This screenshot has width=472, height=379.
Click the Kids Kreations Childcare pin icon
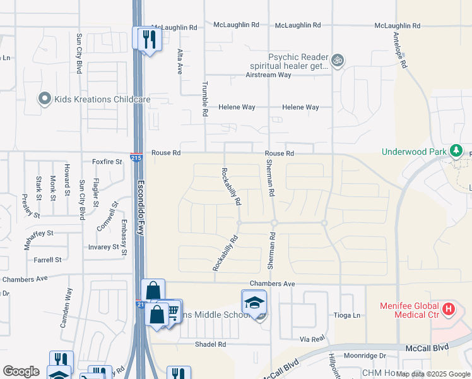(44, 99)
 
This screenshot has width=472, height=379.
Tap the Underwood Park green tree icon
(456, 151)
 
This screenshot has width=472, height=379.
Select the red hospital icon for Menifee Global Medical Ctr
(448, 309)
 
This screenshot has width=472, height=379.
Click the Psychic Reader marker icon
(338, 60)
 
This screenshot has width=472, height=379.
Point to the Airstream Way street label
(268, 75)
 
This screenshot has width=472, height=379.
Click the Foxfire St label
(107, 162)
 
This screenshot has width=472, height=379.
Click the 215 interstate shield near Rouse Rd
(136, 157)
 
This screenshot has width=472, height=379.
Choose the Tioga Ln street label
(346, 315)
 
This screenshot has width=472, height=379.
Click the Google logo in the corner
(21, 371)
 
